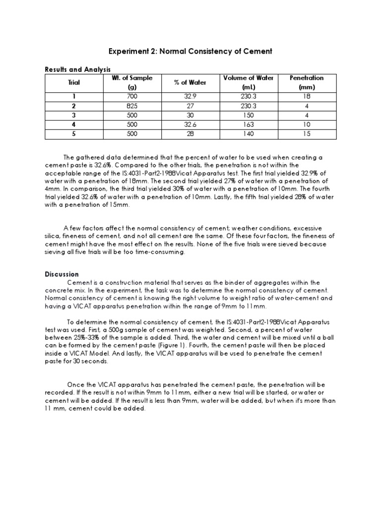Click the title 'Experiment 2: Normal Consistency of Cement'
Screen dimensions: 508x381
pyautogui.click(x=190, y=52)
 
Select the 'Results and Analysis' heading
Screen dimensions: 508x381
pyautogui.click(x=77, y=69)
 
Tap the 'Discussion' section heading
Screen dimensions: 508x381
pyautogui.click(x=62, y=274)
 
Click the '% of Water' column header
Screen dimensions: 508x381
pyautogui.click(x=190, y=82)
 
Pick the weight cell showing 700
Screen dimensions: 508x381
pyautogui.click(x=132, y=96)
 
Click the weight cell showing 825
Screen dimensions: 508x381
pyautogui.click(x=132, y=106)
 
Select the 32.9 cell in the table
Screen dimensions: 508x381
pyautogui.click(x=190, y=96)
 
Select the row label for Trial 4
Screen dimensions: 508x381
pyautogui.click(x=73, y=125)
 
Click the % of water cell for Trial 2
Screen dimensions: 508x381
pyautogui.click(x=190, y=106)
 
